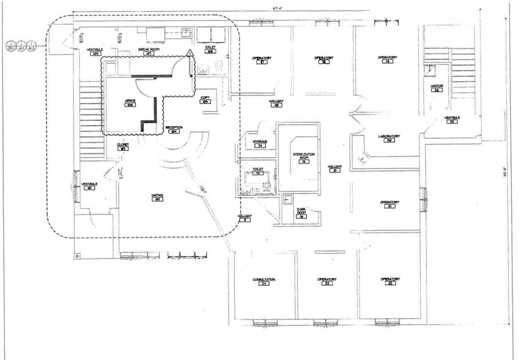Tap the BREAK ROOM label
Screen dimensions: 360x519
pyautogui.click(x=148, y=51)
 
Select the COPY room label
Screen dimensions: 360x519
pyautogui.click(x=205, y=99)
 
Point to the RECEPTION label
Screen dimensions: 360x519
pyautogui.click(x=174, y=129)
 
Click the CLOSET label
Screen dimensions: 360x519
pyautogui.click(x=123, y=146)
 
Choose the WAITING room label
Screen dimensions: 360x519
pyautogui.click(x=157, y=197)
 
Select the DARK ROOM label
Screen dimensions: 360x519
pyautogui.click(x=301, y=214)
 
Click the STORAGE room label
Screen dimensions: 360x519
pyautogui.click(x=260, y=143)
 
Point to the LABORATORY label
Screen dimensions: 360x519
pyautogui.click(x=388, y=138)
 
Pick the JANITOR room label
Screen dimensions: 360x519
pyautogui.click(x=436, y=88)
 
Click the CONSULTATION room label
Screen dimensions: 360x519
pyautogui.click(x=264, y=281)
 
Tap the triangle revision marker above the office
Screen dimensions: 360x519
pyautogui.click(x=191, y=53)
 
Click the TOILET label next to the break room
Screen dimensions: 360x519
pyautogui.click(x=210, y=50)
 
